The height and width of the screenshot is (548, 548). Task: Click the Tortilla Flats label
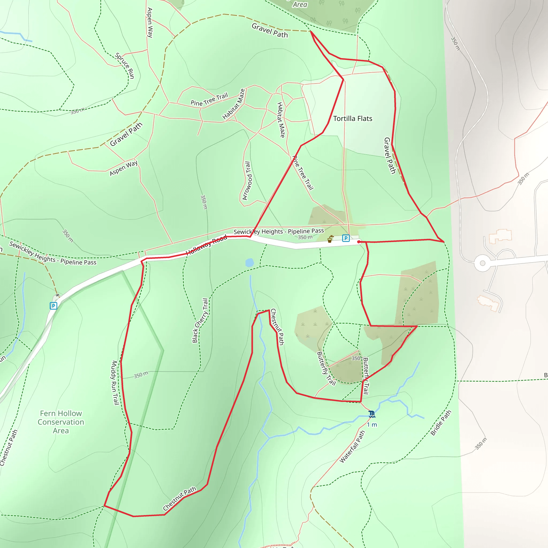point(353,119)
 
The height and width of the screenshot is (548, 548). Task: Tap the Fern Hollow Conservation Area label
point(61,422)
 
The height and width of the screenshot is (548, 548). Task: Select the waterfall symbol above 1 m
point(372,414)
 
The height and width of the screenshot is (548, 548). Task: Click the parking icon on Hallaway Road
point(345,238)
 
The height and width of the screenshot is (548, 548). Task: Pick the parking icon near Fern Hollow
point(53,306)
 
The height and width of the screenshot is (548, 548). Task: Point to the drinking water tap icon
point(330,239)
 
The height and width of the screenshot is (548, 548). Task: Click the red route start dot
point(359,242)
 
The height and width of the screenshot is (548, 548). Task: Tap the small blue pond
point(250,262)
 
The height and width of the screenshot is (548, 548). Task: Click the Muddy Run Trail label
point(115,383)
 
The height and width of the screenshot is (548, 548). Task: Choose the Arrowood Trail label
point(246,181)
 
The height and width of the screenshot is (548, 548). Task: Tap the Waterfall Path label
point(352,447)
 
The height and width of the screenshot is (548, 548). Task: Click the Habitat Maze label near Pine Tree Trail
point(233,104)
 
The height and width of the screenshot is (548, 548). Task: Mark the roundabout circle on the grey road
point(482,263)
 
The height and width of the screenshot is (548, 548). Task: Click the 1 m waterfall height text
point(372,425)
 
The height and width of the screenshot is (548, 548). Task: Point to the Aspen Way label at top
point(150,23)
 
